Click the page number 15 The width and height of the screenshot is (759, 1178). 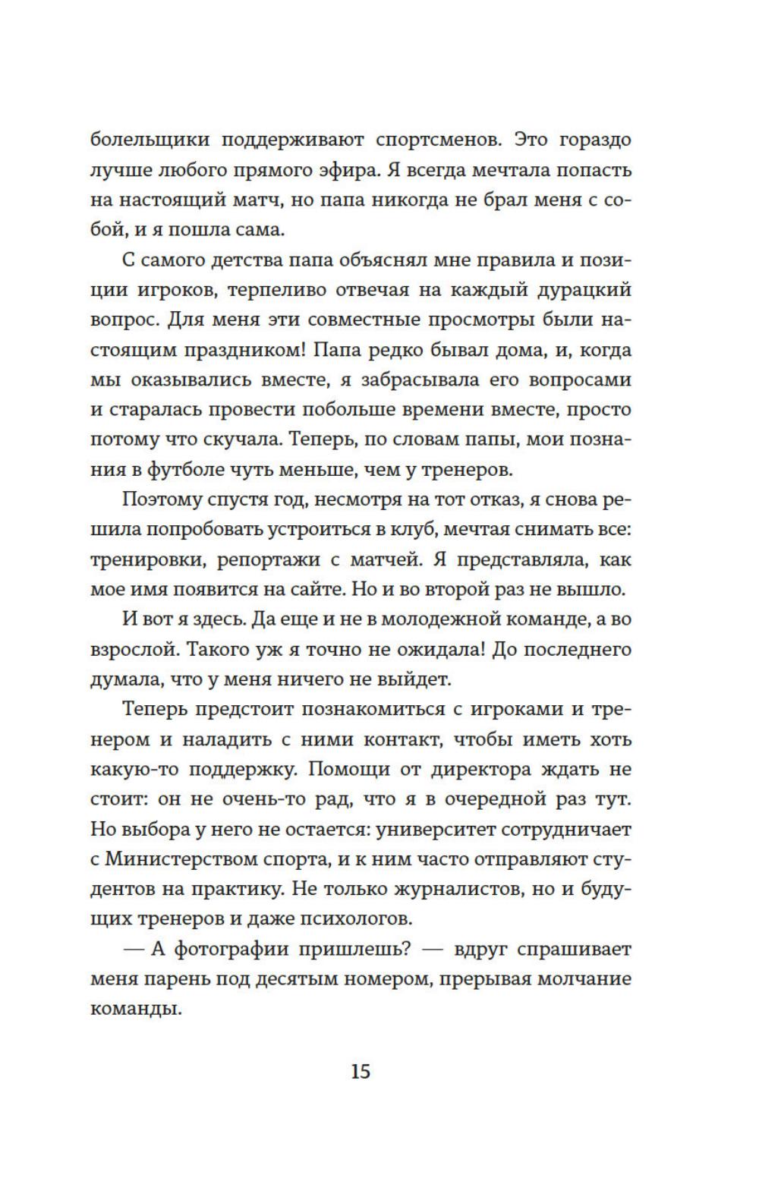[x=361, y=1071]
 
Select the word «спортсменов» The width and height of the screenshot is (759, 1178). [x=436, y=140]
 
